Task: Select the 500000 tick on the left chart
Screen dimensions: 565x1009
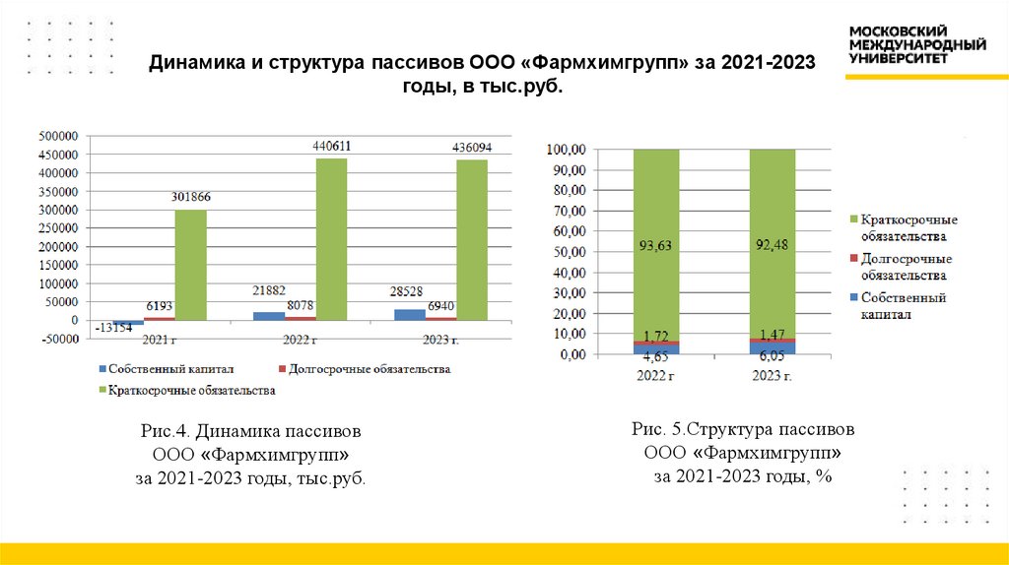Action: tap(58, 137)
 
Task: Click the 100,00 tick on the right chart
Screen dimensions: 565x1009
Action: tap(565, 150)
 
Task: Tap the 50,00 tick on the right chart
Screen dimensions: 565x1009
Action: tap(568, 252)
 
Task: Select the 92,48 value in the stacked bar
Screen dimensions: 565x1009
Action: tap(772, 246)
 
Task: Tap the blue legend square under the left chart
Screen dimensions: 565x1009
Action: tap(103, 369)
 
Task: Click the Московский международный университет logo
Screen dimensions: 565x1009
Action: tap(916, 44)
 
